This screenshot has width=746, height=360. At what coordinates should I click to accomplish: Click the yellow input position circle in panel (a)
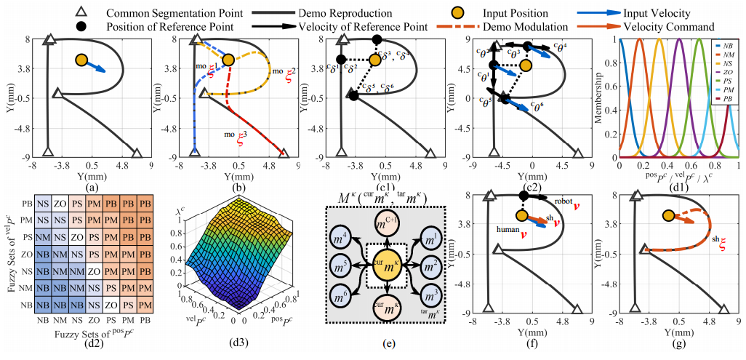(x=81, y=60)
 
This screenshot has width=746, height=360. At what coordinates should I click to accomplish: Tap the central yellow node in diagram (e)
(x=387, y=269)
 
